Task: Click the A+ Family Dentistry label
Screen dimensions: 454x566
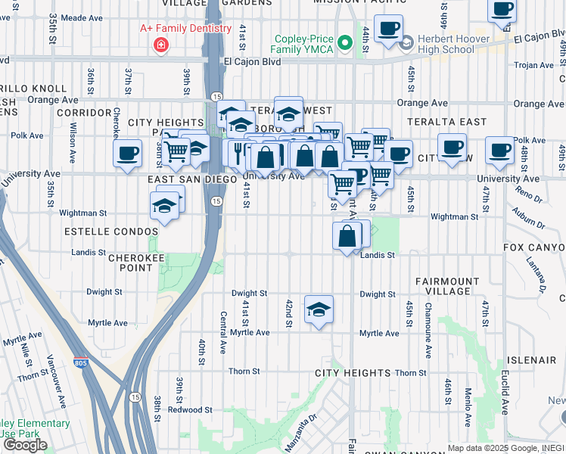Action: coord(185,29)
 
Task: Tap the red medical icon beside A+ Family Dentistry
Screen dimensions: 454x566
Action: coord(160,46)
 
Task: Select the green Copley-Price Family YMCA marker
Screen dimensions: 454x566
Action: coord(346,44)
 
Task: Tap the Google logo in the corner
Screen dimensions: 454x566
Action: coord(25,445)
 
